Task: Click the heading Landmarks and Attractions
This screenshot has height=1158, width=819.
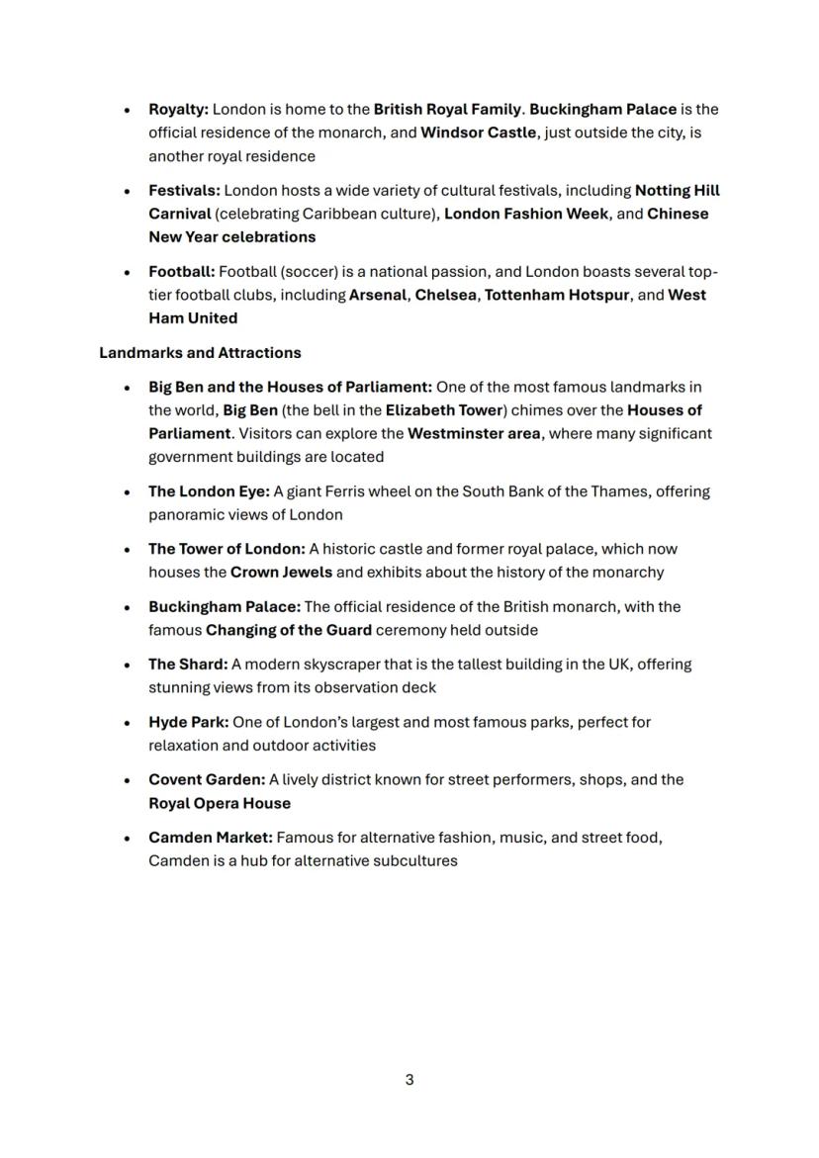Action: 200,353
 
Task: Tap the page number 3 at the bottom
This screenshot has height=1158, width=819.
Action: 409,1080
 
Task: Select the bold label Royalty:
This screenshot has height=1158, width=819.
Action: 178,110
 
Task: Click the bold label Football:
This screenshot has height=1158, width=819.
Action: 181,272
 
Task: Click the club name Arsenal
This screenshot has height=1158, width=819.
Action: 377,296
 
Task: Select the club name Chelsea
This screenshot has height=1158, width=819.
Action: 445,296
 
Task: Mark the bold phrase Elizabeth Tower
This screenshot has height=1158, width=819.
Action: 443,410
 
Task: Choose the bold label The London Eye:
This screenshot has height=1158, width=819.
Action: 209,491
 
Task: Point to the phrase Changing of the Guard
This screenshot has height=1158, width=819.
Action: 289,631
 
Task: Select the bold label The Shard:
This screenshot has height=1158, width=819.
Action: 188,665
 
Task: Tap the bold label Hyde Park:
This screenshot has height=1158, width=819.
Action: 188,723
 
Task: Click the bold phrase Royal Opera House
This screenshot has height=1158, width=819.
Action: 220,804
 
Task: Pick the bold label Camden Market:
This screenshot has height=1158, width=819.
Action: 210,839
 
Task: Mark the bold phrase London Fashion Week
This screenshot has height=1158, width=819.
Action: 526,215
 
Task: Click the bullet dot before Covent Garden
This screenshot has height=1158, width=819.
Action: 127,781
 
